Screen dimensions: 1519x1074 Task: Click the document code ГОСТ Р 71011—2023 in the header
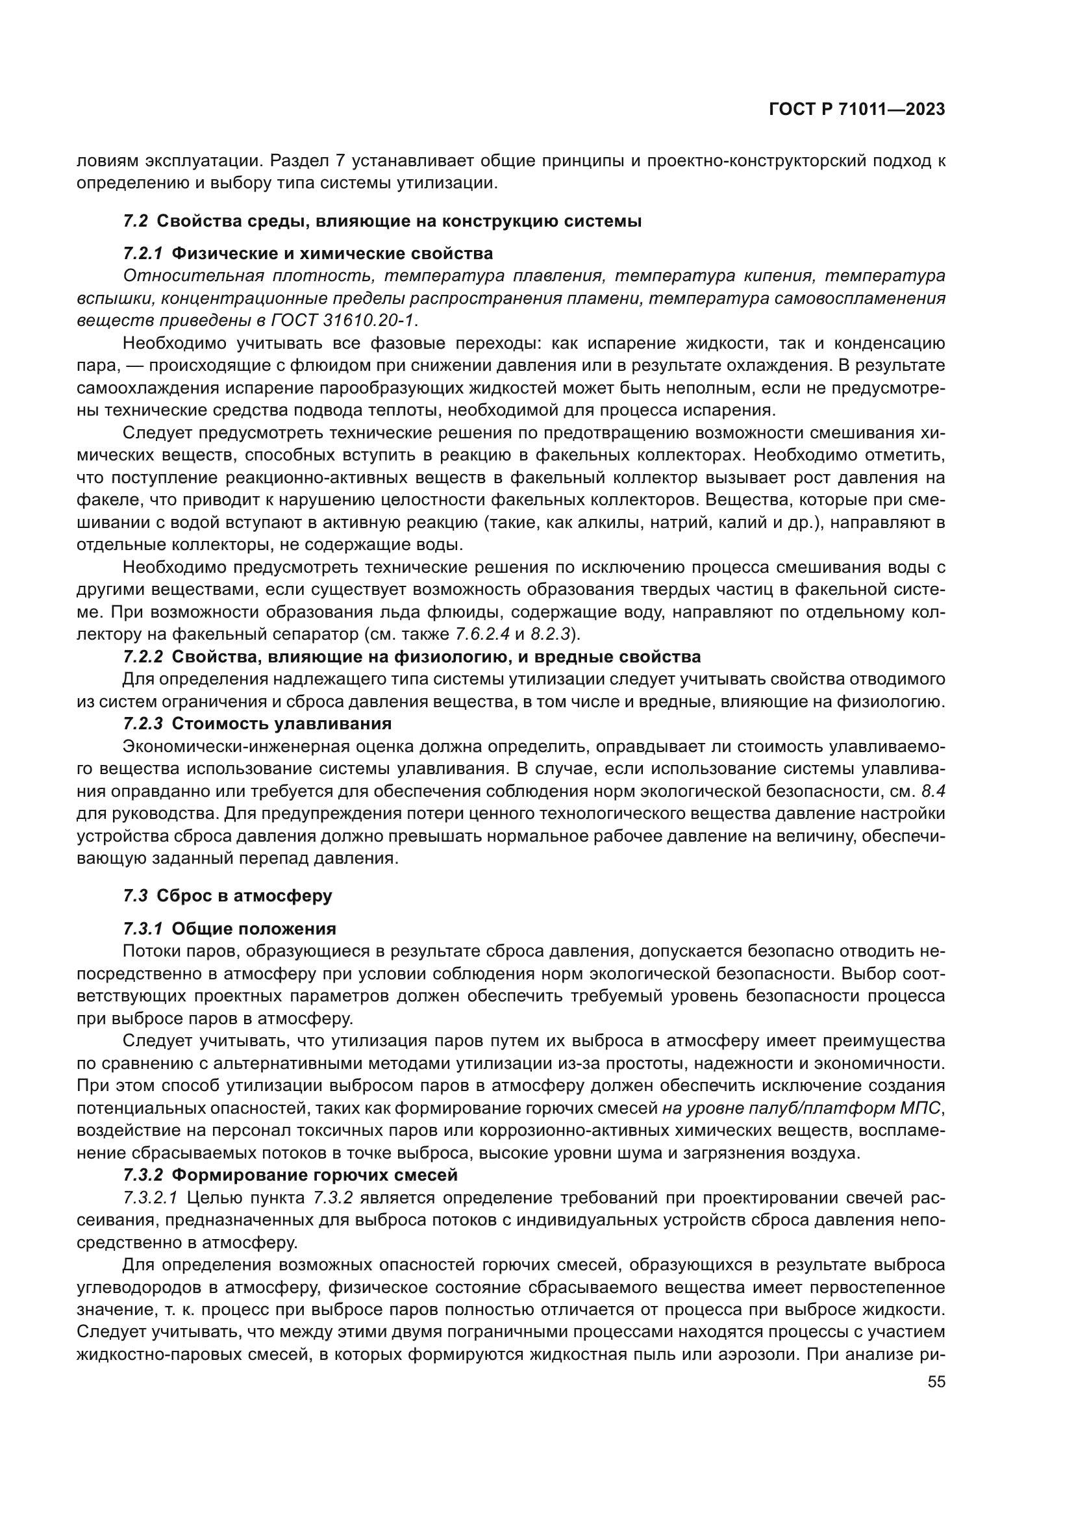[x=856, y=110]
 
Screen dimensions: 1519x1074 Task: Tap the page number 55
[x=936, y=1382]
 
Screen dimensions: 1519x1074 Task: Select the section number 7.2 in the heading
[x=136, y=221]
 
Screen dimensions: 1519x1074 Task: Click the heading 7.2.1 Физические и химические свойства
[x=308, y=254]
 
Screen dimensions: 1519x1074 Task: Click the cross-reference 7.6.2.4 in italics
[x=482, y=634]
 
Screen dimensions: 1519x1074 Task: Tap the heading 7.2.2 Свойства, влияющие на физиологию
[x=411, y=657]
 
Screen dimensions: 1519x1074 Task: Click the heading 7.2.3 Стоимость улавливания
[x=257, y=723]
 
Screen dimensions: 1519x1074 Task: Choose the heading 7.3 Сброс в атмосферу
[x=227, y=896]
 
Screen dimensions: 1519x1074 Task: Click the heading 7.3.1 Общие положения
[x=229, y=929]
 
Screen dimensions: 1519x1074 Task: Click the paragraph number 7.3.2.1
[x=150, y=1198]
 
